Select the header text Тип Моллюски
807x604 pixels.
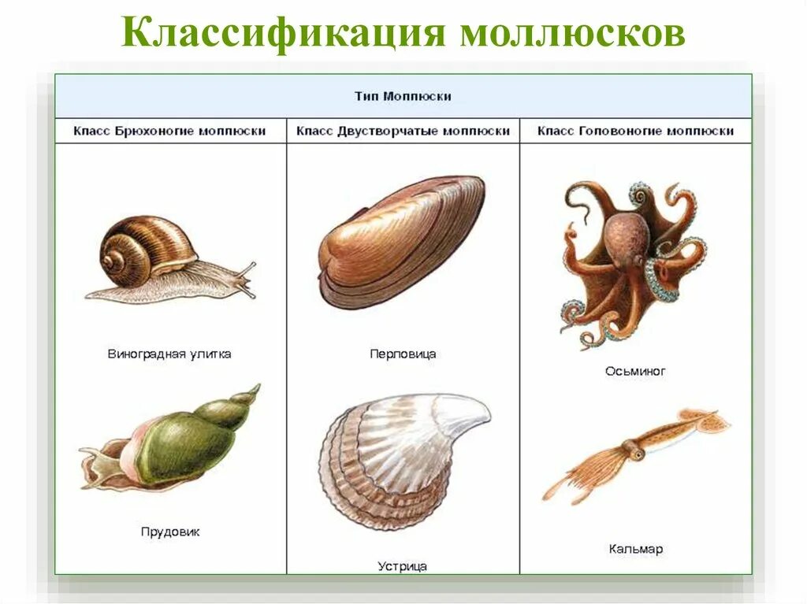[403, 96]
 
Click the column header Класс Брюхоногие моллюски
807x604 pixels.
[169, 131]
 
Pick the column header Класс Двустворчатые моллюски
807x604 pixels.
[403, 131]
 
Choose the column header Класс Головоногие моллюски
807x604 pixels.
[635, 131]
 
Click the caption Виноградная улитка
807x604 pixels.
[169, 354]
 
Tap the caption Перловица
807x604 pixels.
[403, 354]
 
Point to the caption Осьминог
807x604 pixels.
[635, 370]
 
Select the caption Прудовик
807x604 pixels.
[169, 532]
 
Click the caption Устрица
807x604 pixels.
[403, 565]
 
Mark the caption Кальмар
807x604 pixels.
[635, 548]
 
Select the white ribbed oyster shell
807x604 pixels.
[398, 457]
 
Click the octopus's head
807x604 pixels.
[627, 236]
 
